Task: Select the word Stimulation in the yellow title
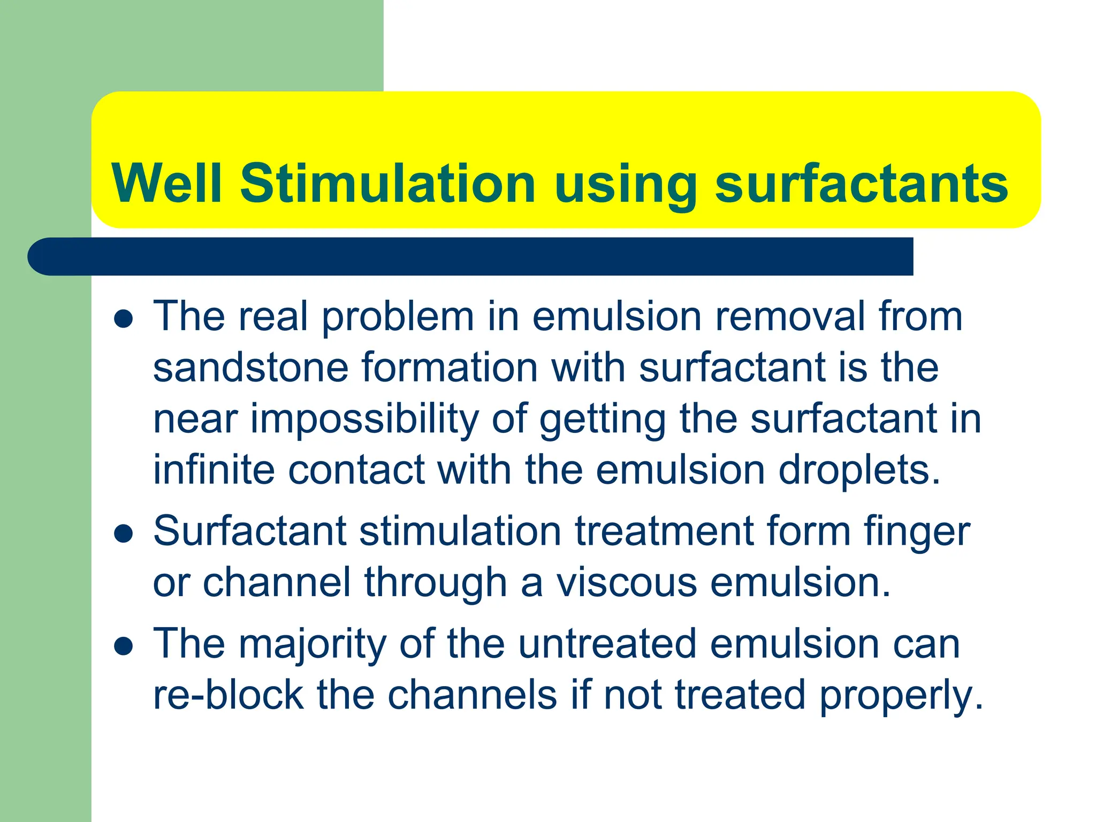click(387, 184)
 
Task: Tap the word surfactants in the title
click(861, 184)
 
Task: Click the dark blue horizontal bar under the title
click(471, 256)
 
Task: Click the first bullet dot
click(124, 319)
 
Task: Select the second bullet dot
click(124, 534)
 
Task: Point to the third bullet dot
click(124, 646)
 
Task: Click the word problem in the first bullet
click(398, 317)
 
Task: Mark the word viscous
click(627, 582)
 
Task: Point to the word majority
click(312, 644)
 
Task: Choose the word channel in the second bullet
click(277, 582)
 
